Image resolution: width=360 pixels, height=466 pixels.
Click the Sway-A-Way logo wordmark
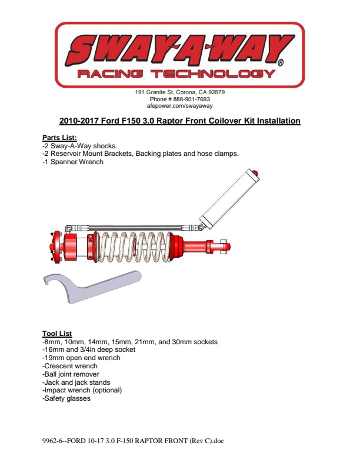(x=180, y=51)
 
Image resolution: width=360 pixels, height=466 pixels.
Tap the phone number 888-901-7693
(x=192, y=99)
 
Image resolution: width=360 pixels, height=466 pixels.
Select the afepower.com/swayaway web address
(x=179, y=106)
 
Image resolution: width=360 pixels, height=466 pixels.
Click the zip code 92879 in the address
(x=216, y=92)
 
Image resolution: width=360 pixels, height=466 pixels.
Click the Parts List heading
(x=59, y=138)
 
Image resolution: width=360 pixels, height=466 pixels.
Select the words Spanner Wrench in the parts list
(x=77, y=162)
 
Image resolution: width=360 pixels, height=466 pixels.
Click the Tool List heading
(x=57, y=334)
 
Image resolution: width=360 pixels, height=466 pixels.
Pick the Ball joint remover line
(x=71, y=374)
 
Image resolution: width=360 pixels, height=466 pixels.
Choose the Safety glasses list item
(x=66, y=398)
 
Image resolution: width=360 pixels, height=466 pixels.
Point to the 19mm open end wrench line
(x=81, y=358)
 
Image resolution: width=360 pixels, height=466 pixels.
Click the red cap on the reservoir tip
(x=255, y=173)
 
